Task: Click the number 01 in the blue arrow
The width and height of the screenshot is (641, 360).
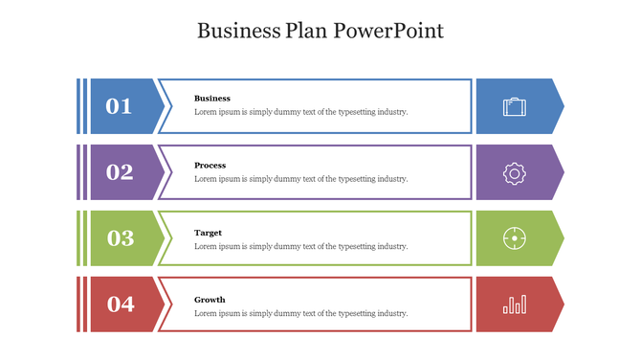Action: click(x=119, y=106)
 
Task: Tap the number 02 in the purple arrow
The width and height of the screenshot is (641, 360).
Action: click(x=120, y=172)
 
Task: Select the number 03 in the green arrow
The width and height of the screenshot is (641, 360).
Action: click(x=120, y=238)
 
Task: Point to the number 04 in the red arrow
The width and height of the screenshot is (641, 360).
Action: click(x=121, y=304)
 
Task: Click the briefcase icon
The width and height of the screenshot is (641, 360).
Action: click(x=515, y=106)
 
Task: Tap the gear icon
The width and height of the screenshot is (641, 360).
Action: click(x=515, y=172)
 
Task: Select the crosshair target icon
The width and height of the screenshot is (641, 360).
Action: click(x=515, y=238)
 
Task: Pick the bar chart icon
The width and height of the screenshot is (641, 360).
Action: click(x=515, y=304)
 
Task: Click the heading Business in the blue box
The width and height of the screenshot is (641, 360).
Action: click(x=212, y=99)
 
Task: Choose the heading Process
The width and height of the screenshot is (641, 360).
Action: click(x=210, y=166)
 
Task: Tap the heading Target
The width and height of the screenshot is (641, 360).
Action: click(x=209, y=233)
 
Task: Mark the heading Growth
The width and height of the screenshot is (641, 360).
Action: click(x=210, y=300)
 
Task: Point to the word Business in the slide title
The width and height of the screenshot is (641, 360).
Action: click(x=238, y=31)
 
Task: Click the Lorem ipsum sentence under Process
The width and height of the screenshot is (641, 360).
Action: click(x=300, y=179)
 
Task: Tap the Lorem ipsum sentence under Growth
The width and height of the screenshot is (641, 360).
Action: click(x=300, y=313)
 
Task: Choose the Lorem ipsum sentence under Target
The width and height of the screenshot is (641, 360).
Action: click(x=300, y=246)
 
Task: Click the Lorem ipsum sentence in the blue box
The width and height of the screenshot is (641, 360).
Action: click(x=300, y=112)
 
